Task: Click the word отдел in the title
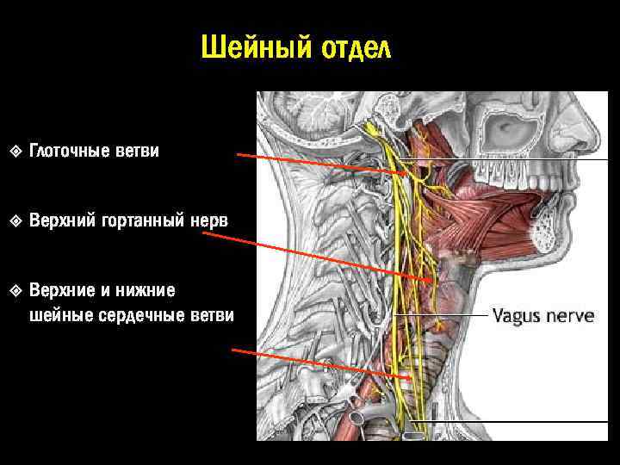click(356, 48)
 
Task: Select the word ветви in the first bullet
click(138, 152)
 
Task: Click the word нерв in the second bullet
click(211, 220)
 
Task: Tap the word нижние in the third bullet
click(151, 289)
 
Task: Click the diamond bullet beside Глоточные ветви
click(15, 152)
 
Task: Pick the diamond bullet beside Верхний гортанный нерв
click(15, 220)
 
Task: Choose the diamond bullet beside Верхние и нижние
click(15, 289)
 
